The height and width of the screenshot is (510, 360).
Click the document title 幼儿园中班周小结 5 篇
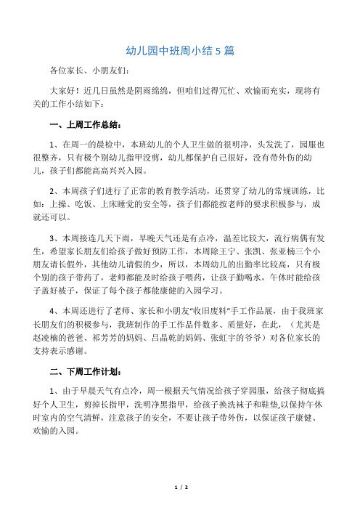point(179,52)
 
